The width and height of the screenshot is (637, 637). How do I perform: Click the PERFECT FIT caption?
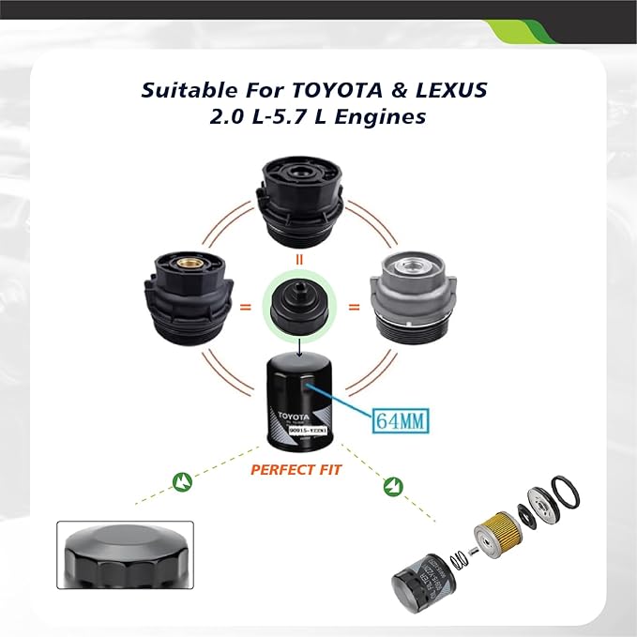[296, 469]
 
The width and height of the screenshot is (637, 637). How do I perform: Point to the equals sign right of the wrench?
[355, 307]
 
